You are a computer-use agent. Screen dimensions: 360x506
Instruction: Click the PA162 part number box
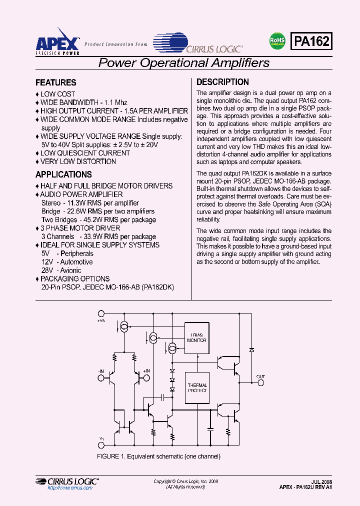point(311,41)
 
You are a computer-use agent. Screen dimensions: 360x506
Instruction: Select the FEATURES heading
point(56,82)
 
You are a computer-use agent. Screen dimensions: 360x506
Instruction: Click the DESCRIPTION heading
point(222,82)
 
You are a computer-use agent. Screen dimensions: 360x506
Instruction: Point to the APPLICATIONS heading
point(63,174)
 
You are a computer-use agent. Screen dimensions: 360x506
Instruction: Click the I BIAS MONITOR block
point(196,337)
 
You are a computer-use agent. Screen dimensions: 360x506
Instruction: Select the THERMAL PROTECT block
point(197,388)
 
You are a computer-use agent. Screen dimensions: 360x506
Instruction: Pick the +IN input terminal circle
point(145,378)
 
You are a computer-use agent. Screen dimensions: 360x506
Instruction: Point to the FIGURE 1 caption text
point(158,456)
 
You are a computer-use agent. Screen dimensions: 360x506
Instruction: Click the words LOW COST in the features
point(57,94)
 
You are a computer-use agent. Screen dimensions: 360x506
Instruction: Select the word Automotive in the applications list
point(76,262)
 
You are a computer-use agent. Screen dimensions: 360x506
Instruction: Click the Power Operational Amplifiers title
point(184,63)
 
